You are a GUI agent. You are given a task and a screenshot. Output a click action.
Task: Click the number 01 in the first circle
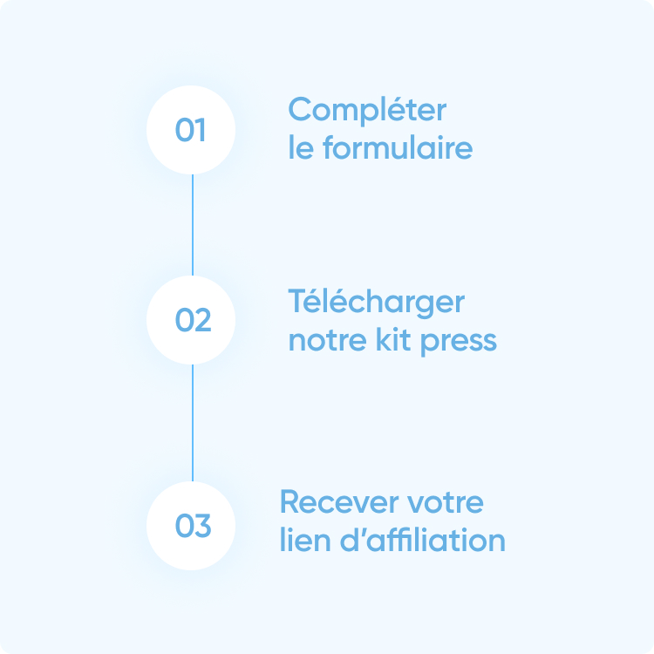191,131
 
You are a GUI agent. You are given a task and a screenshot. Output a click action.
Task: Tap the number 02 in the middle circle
193,321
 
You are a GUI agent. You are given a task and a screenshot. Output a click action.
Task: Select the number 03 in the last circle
193,527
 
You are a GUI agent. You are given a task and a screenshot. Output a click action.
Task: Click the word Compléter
367,112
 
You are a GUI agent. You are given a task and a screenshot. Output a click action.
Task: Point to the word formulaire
398,148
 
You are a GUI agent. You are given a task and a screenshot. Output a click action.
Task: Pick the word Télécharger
376,303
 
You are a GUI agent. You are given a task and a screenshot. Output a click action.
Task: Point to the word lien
302,540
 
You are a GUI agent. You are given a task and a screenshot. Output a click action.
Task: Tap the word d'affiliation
421,540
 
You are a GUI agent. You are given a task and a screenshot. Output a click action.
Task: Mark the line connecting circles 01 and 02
192,225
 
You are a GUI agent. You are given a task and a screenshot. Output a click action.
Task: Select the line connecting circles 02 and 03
192,423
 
